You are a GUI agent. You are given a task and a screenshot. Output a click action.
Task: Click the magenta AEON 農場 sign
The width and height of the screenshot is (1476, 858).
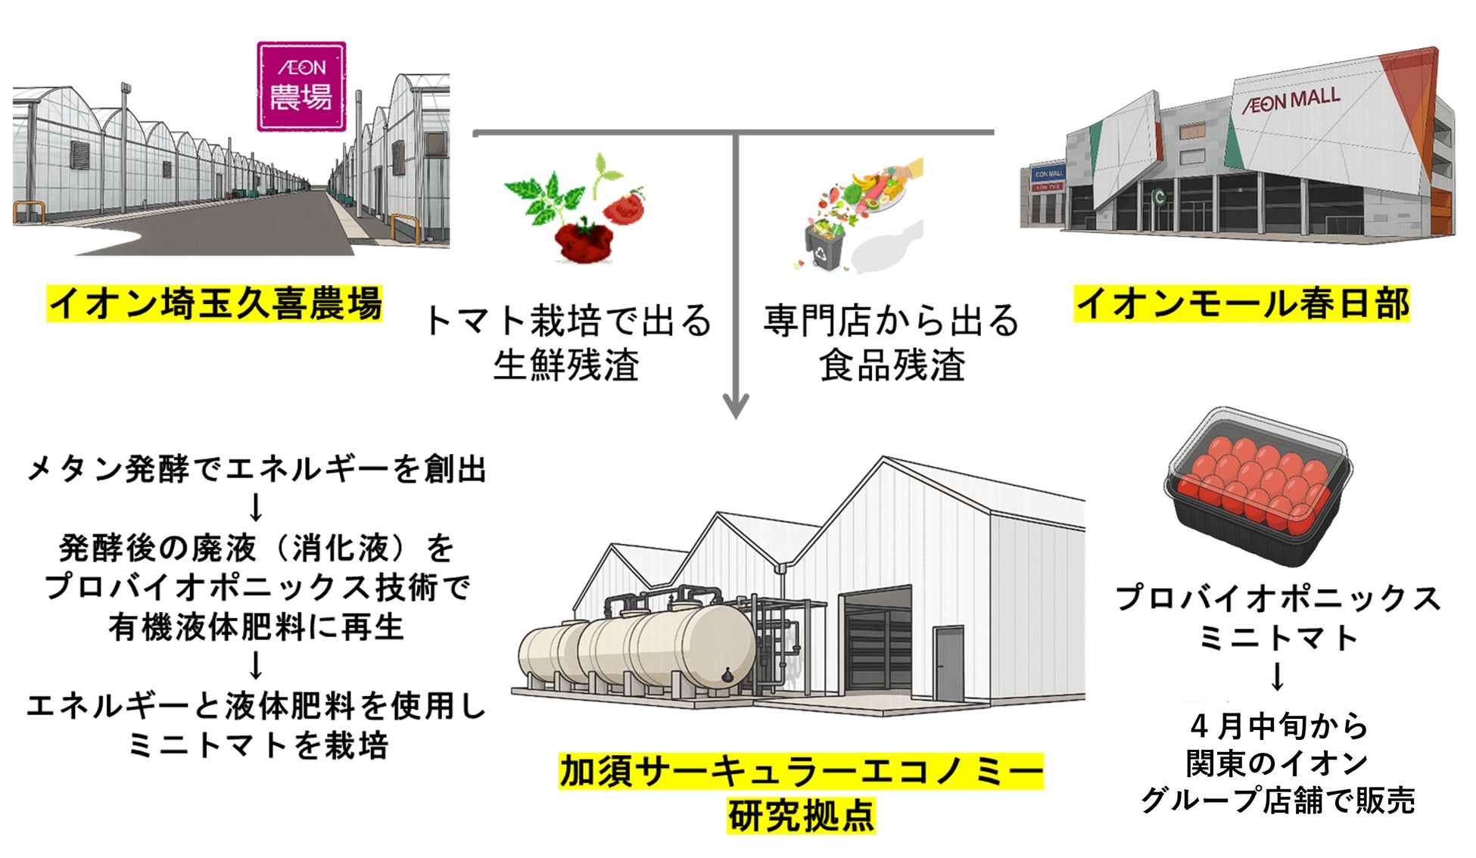pos(301,86)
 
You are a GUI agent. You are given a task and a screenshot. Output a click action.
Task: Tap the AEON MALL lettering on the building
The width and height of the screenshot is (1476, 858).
pos(1291,101)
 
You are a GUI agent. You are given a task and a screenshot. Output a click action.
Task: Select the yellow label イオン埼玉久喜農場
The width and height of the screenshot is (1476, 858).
pos(215,303)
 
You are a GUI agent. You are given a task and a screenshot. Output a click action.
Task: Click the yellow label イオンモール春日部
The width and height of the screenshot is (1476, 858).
pos(1241,303)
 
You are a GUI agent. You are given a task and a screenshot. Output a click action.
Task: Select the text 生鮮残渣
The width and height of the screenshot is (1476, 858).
pos(566,365)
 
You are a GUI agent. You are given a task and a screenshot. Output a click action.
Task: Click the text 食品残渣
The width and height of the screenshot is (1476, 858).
pos(892,365)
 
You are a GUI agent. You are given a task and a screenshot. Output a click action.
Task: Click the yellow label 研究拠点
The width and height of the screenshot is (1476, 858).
pos(801,816)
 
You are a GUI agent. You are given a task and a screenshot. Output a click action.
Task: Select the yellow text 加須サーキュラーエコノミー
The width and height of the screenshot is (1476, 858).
pos(801,772)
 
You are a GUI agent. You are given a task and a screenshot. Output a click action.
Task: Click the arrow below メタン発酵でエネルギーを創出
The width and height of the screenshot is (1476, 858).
pos(256,507)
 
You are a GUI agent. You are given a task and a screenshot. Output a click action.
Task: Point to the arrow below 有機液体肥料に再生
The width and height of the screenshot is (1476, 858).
pos(256,666)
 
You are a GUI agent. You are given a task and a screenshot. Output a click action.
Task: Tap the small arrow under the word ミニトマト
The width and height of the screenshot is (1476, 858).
pos(1278,676)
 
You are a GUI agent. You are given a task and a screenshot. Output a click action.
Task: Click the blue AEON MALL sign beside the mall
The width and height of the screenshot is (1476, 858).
pos(1048,174)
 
